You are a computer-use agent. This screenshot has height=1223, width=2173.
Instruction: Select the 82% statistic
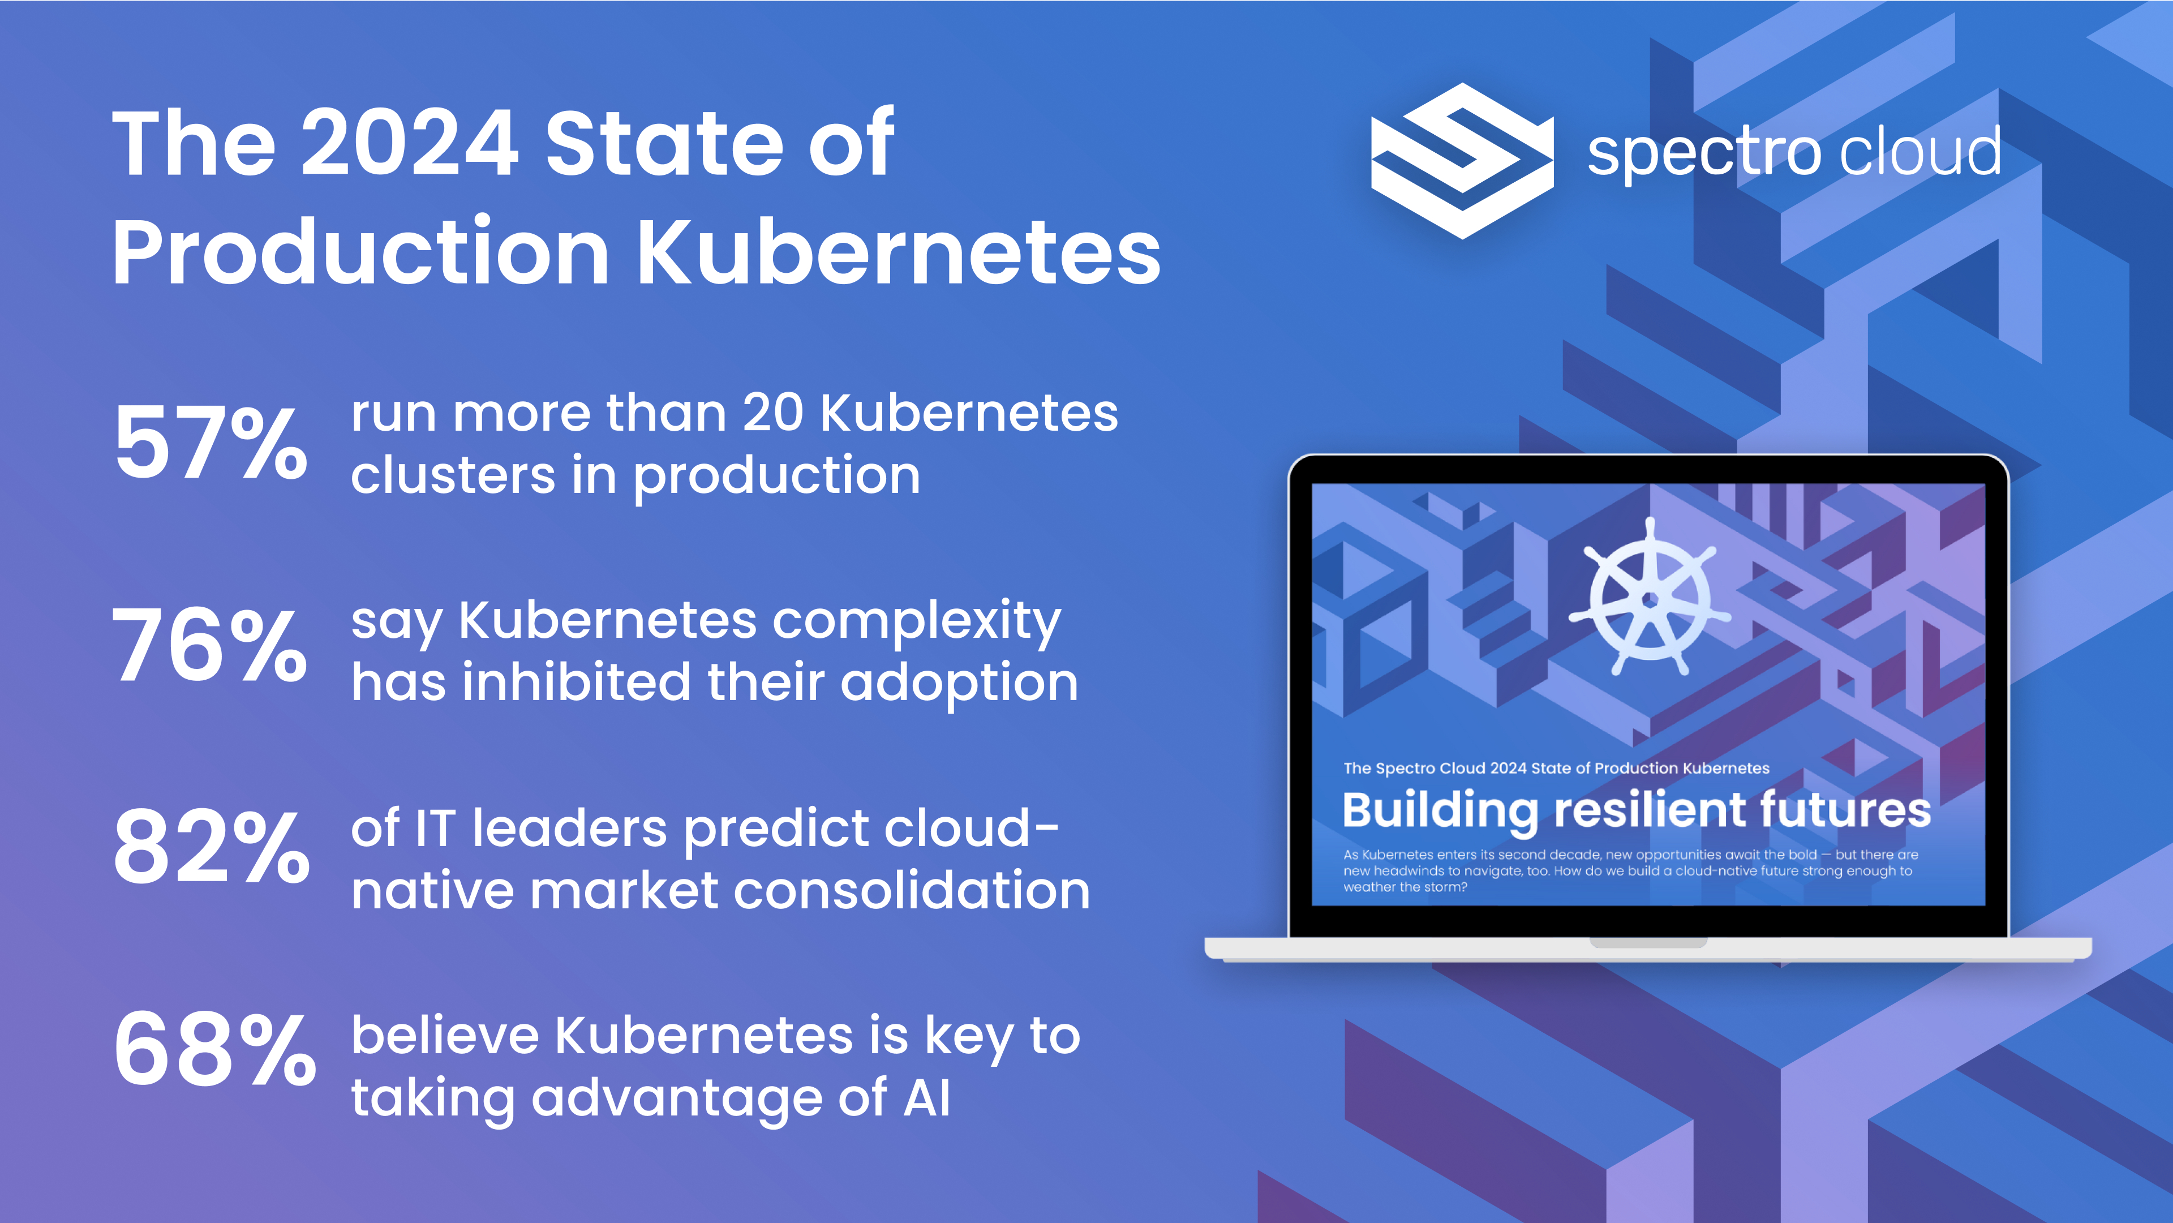tap(212, 846)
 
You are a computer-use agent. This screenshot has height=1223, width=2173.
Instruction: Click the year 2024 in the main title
tap(409, 143)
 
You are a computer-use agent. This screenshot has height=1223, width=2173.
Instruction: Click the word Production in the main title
tap(360, 251)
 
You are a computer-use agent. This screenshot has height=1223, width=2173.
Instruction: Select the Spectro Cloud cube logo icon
tap(1462, 160)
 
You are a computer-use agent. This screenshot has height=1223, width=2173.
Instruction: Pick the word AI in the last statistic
tap(927, 1098)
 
